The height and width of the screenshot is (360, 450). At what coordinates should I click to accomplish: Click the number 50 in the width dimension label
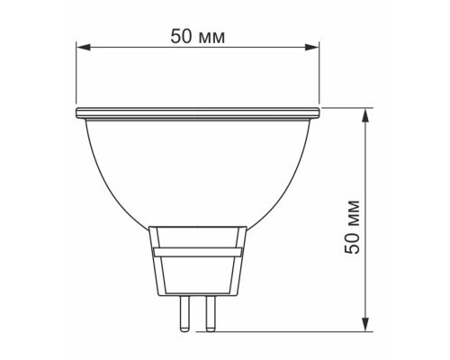[x=180, y=36]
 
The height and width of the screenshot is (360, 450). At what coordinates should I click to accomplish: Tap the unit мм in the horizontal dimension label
[x=212, y=36]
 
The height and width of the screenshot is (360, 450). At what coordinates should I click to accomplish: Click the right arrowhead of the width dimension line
[x=315, y=48]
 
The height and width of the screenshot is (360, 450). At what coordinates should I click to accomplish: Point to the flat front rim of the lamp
[x=198, y=113]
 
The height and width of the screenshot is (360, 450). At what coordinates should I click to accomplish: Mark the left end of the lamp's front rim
[x=76, y=113]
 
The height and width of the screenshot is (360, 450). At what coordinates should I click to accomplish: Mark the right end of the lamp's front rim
[x=320, y=113]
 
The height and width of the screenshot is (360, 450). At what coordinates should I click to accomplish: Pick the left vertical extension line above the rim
[x=76, y=76]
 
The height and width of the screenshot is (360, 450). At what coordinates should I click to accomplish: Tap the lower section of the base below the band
[x=198, y=275]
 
